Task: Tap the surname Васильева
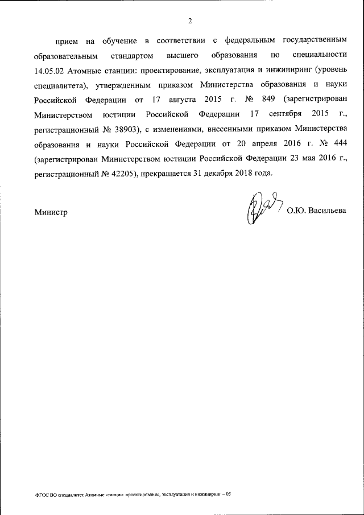[327, 212]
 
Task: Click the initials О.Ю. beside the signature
[296, 212]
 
